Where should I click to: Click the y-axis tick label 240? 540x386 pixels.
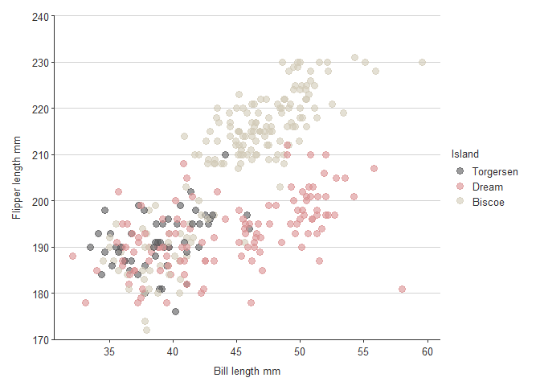tap(39, 16)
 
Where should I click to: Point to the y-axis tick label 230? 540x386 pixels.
tap(39, 62)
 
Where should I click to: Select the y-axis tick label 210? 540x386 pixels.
tap(39, 154)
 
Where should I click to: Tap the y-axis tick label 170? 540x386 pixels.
tap(39, 340)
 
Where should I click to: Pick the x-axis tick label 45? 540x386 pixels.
tap(237, 352)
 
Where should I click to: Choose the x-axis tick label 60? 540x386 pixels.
tap(427, 352)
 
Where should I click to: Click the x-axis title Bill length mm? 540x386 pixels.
tap(247, 372)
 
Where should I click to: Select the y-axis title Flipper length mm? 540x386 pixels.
tap(16, 178)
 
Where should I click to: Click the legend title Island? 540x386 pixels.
tap(465, 154)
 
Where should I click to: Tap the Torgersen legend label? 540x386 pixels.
tap(495, 171)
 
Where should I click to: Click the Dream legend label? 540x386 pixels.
tap(488, 187)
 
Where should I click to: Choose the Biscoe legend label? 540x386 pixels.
tap(489, 202)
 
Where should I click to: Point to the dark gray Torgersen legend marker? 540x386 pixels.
tap(460, 171)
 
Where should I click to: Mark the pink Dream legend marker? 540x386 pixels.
tap(460, 187)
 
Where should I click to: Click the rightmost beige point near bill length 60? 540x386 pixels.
tap(422, 62)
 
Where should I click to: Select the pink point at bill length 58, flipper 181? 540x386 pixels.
tap(402, 289)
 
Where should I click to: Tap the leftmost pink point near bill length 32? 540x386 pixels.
tap(72, 257)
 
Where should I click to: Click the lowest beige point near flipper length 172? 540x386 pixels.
tap(146, 330)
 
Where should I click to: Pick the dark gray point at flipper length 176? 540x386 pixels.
tap(175, 311)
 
